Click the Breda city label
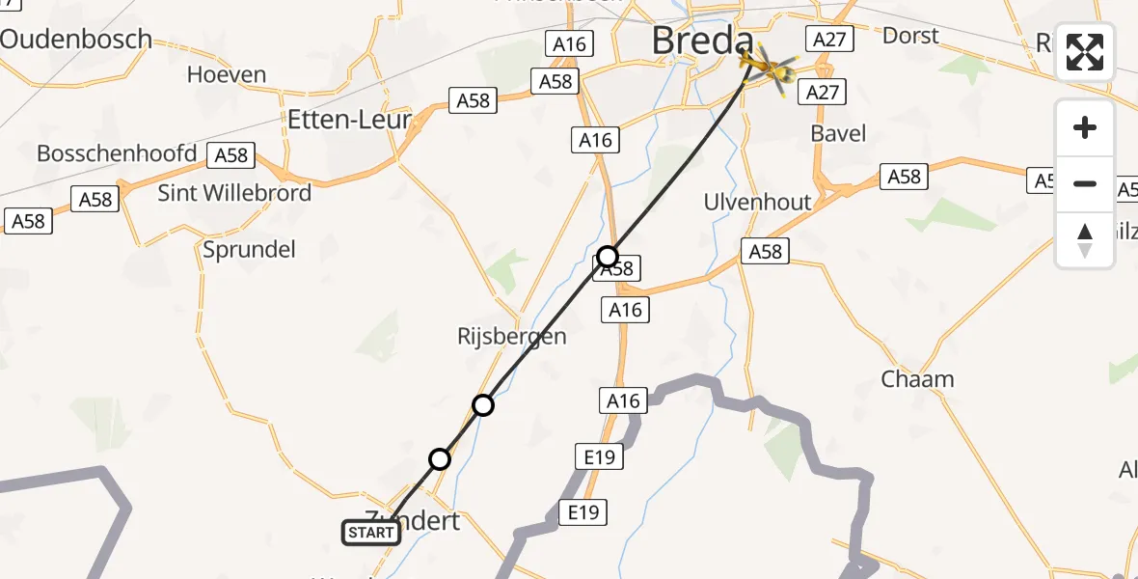coord(702,41)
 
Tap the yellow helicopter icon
coord(770,68)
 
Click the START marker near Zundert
coord(371,532)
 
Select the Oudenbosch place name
coord(77,40)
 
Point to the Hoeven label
coord(227,74)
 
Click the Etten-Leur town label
coord(350,120)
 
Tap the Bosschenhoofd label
coord(117,153)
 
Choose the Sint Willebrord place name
coord(234,193)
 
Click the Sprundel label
coord(249,249)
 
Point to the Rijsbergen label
coord(512,337)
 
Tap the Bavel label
coord(838,133)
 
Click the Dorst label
coord(910,36)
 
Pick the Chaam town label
coord(917,379)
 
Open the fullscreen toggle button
coord(1085,52)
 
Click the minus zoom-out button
coord(1085,183)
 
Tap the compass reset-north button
coord(1085,239)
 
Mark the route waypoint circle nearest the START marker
coord(440,459)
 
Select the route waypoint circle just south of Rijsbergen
coord(483,405)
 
